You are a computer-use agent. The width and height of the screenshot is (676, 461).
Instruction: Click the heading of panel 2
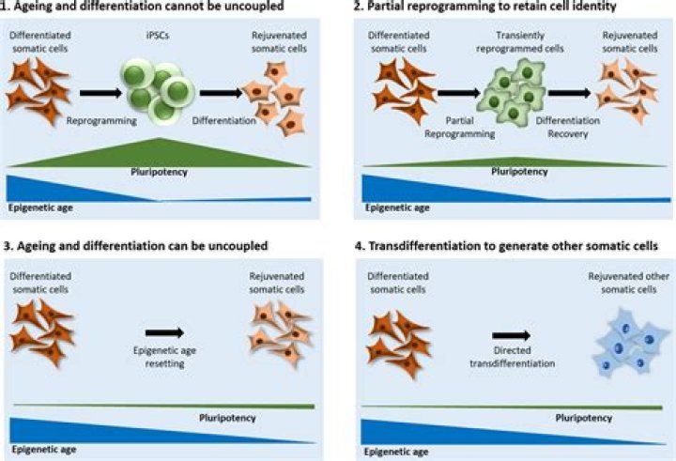(x=486, y=7)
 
